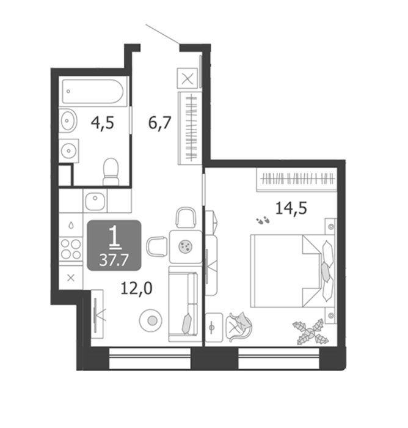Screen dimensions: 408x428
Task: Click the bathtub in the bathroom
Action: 93,91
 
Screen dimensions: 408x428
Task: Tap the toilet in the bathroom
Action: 111,172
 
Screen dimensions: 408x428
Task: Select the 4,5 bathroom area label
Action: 103,124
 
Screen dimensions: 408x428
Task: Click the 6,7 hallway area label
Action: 160,123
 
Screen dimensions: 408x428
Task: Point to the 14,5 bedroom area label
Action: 291,208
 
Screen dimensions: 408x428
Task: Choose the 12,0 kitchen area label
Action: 136,289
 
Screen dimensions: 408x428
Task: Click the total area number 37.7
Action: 114,260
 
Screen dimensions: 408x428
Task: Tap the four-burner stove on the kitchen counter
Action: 71,249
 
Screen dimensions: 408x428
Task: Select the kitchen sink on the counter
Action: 95,201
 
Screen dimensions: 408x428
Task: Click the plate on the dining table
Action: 186,246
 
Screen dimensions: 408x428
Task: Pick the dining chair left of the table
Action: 157,246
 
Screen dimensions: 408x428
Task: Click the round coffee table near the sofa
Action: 151,320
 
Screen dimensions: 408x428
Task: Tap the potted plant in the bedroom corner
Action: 311,332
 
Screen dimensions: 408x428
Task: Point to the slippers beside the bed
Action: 263,220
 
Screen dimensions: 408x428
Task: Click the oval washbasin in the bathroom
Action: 68,120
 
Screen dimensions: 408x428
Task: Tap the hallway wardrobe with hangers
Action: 190,128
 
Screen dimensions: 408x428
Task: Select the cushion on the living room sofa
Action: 187,323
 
